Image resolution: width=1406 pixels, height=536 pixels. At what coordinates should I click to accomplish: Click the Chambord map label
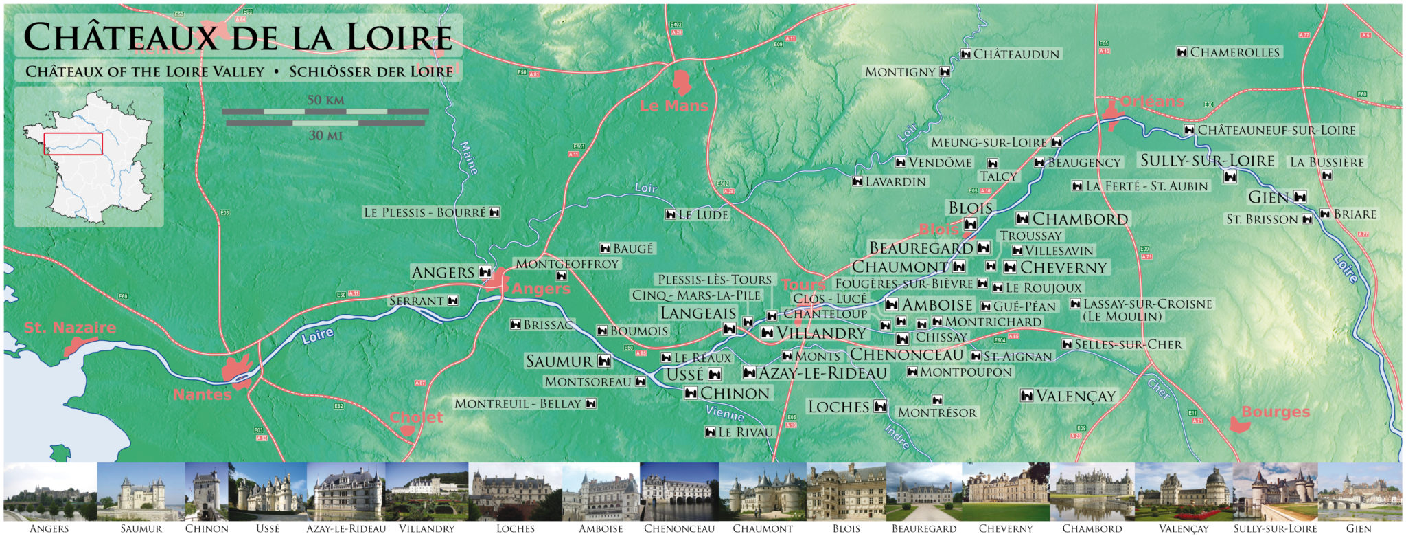(1080, 219)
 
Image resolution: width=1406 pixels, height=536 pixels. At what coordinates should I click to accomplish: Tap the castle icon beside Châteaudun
(965, 54)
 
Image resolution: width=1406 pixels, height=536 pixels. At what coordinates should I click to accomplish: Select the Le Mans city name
(673, 106)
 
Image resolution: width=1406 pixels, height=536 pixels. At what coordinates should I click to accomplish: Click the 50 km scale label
(325, 100)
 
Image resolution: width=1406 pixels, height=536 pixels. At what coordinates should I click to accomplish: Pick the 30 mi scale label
(325, 135)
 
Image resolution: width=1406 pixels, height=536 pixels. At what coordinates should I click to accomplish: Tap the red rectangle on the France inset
(73, 144)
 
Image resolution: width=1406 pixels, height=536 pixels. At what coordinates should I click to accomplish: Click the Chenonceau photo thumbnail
(679, 491)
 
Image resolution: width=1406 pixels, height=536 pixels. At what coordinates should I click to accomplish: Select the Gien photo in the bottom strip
(1359, 491)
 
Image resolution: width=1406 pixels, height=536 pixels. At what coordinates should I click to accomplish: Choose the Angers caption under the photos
(49, 528)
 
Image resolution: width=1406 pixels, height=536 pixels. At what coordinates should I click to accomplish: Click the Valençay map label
(1076, 396)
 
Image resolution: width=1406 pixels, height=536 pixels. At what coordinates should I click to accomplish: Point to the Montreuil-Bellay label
(518, 403)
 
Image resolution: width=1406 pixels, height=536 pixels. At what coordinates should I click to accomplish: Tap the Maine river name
(468, 157)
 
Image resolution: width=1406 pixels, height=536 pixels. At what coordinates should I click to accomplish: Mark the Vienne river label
(725, 414)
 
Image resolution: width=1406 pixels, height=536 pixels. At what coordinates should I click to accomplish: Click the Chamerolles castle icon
(1182, 52)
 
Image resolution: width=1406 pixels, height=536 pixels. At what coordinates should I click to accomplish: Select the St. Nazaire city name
(70, 328)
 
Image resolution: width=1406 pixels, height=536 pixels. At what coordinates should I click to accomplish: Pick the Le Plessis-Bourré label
(424, 212)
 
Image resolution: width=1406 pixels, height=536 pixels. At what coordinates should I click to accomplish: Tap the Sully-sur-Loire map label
(1207, 161)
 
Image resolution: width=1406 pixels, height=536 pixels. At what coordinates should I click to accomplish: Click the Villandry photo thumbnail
(426, 491)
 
